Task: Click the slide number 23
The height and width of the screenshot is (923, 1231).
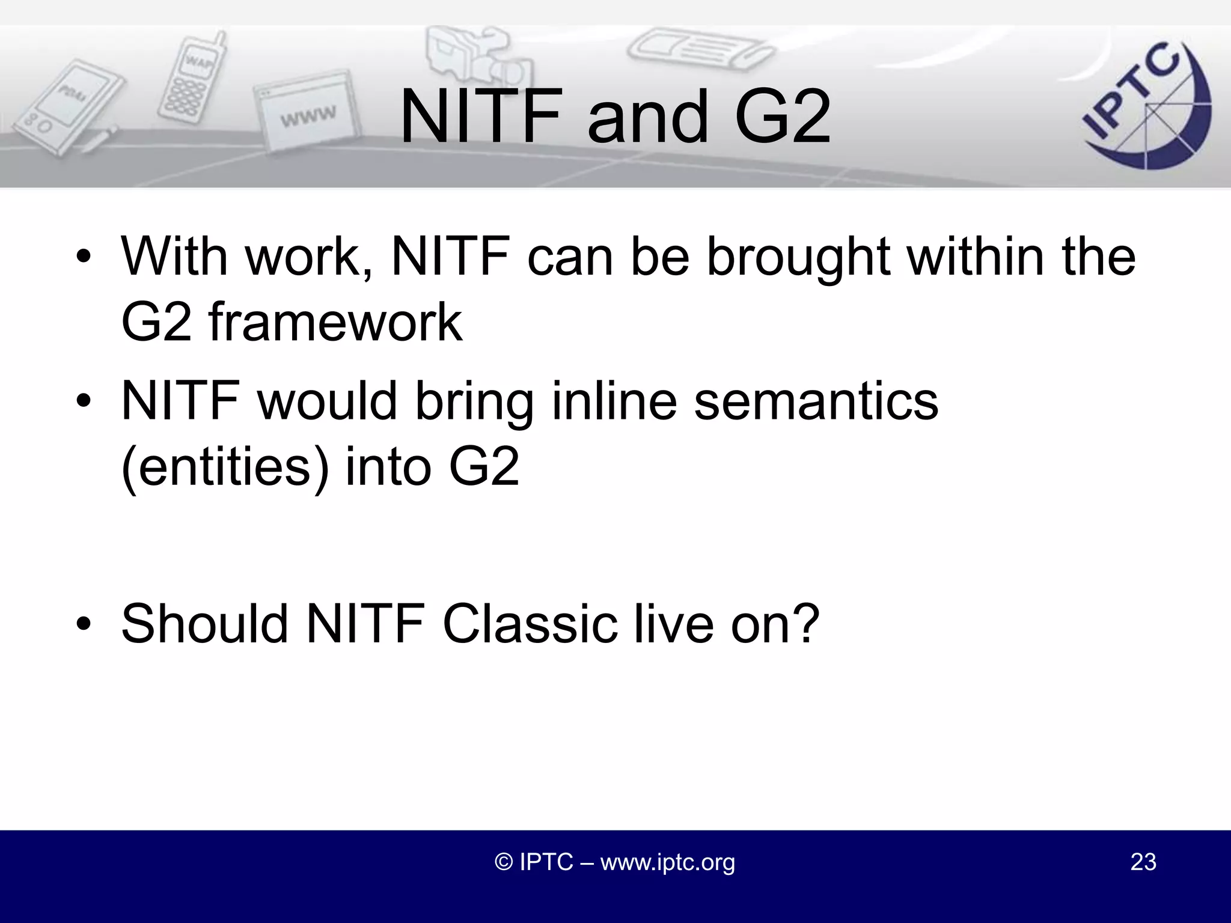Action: tap(1143, 862)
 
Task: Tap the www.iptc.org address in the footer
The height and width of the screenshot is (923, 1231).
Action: tap(667, 862)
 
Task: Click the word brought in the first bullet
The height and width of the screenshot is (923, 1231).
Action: tap(798, 257)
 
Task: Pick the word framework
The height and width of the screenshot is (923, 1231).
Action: tap(335, 323)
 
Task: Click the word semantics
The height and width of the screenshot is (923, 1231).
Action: tap(816, 401)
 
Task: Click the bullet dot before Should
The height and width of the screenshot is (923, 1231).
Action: tap(84, 625)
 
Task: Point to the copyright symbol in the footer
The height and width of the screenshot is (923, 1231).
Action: tap(504, 862)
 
